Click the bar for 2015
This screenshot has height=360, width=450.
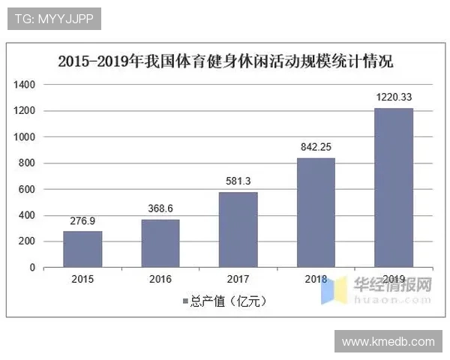(82, 249)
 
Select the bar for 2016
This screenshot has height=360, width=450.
(160, 243)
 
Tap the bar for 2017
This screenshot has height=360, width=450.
(238, 229)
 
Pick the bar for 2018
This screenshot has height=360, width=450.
(316, 212)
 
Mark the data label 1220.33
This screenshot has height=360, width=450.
(394, 98)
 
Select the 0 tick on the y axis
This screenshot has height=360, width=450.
(32, 268)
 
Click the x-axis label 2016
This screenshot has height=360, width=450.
(160, 280)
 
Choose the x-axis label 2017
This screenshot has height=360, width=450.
(238, 280)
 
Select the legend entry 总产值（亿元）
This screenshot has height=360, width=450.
(225, 301)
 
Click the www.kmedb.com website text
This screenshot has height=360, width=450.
(388, 341)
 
